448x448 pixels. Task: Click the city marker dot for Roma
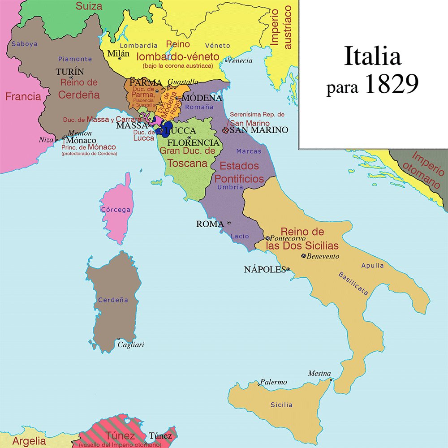[229, 223]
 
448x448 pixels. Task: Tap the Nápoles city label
[265, 269]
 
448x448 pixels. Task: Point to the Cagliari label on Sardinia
[130, 345]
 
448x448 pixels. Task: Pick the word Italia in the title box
[372, 58]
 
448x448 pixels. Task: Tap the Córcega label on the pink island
[116, 210]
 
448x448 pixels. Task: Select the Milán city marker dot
[120, 58]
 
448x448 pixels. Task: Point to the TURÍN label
[70, 72]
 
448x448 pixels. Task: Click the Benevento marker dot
[304, 256]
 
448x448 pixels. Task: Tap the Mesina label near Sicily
[319, 374]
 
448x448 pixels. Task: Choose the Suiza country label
[89, 6]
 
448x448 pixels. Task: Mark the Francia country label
[23, 96]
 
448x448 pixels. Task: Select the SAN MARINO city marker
[225, 130]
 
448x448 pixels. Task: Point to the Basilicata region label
[353, 283]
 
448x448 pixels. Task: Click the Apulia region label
[373, 265]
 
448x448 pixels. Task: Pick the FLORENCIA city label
[194, 143]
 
